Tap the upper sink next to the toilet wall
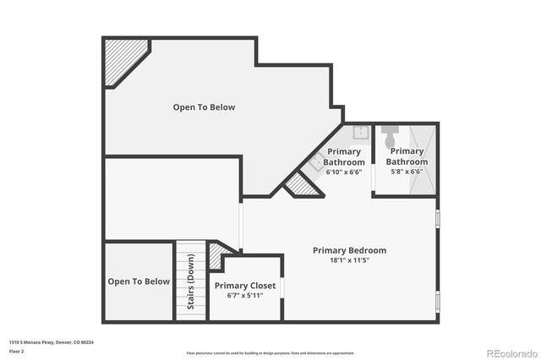coord(359,131)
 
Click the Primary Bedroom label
coord(349,250)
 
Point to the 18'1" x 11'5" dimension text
coord(349,260)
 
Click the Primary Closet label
coord(245,286)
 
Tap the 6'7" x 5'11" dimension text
coord(245,296)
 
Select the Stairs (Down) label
coord(190,281)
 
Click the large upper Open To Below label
coord(204,107)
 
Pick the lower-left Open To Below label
coord(139,281)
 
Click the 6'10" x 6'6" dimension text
coord(344,172)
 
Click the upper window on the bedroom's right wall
coord(437,219)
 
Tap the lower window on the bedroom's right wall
coord(437,300)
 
